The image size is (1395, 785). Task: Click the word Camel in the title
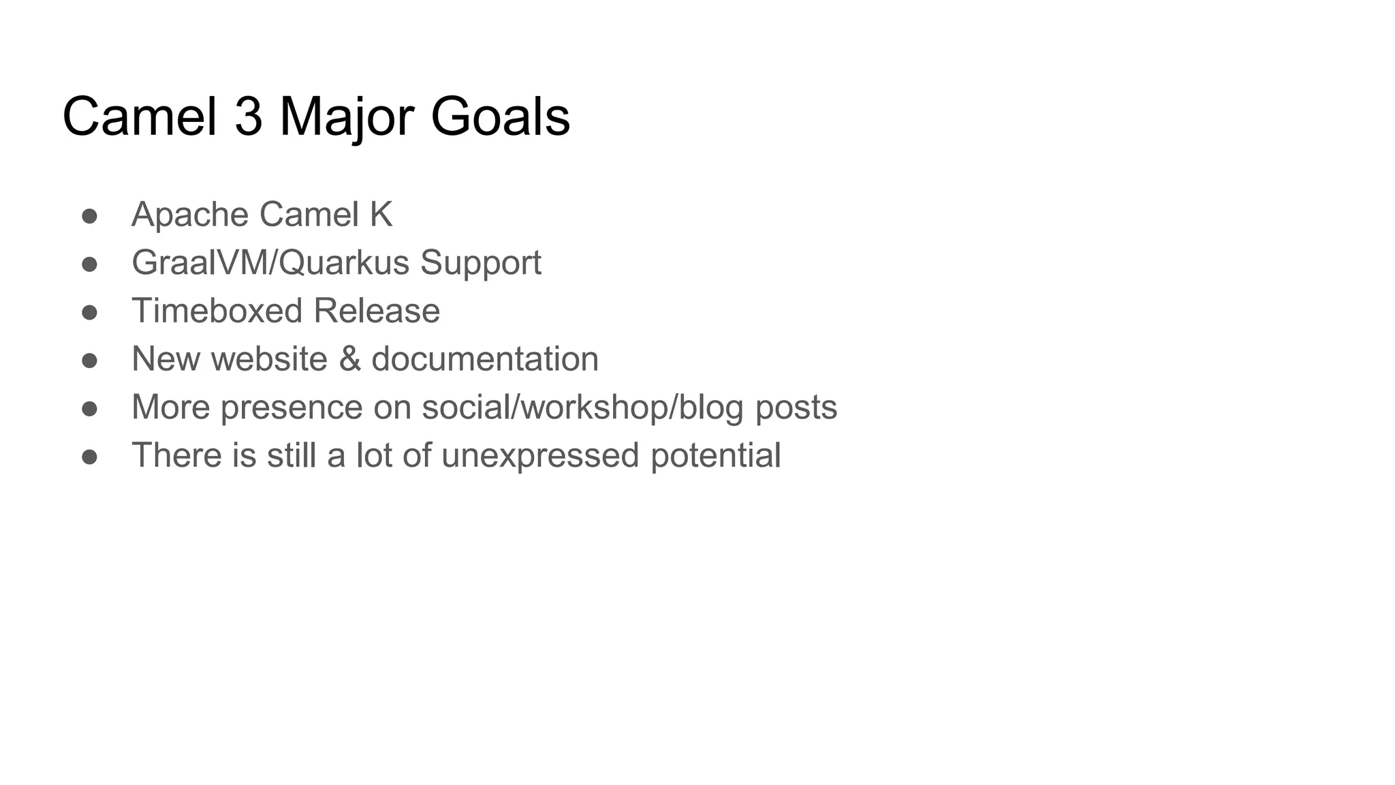coord(140,117)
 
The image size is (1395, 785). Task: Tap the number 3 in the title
coord(249,117)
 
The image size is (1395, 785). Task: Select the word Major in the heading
coord(347,118)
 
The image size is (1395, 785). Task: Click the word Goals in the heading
coord(500,117)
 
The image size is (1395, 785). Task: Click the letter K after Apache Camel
coord(381,215)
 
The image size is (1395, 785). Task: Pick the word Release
coord(377,311)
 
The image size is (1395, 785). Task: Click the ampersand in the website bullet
coord(349,359)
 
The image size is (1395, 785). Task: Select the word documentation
coord(485,359)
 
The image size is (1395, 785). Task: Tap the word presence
coord(292,408)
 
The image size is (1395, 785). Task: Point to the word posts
coord(796,408)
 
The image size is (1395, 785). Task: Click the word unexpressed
coord(540,456)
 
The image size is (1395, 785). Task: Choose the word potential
coord(715,456)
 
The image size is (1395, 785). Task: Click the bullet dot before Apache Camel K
coord(89,216)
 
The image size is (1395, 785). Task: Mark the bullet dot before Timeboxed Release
coord(89,312)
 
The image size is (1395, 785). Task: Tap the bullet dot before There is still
coord(89,457)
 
